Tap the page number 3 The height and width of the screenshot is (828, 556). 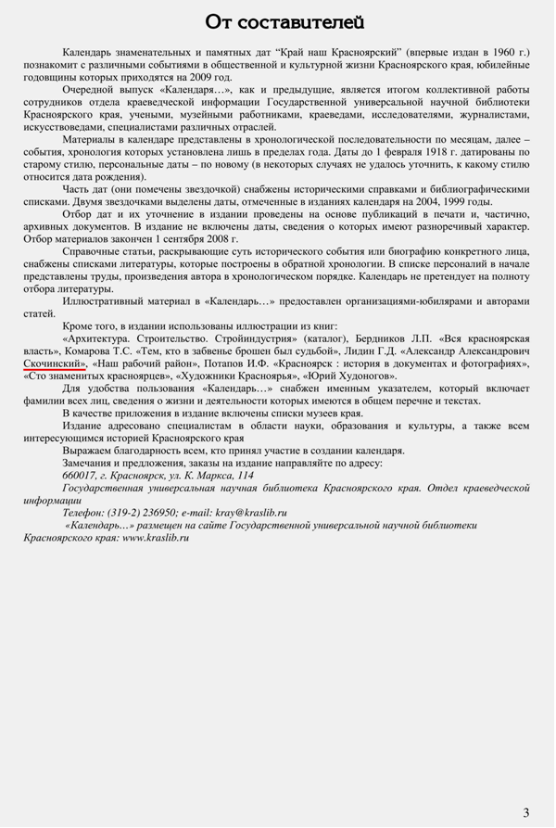click(526, 812)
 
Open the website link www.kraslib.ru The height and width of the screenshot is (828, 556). click(146, 537)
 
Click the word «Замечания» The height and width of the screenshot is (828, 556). click(92, 462)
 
